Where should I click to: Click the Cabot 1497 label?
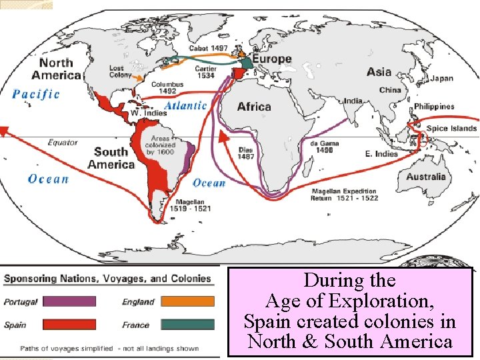(x=208, y=48)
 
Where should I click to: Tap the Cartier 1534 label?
(x=205, y=73)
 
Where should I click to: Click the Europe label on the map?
(x=271, y=59)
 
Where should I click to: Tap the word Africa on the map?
(x=254, y=107)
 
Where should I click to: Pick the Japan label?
(x=441, y=79)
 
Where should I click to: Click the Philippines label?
(x=434, y=107)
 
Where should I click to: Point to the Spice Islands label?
(x=451, y=129)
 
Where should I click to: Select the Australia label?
(x=425, y=177)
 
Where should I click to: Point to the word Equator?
(x=63, y=142)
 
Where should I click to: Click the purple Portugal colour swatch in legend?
(x=68, y=301)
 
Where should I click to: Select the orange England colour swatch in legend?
(x=187, y=301)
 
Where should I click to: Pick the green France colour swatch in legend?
(x=187, y=325)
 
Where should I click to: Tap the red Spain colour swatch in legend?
(x=68, y=325)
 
